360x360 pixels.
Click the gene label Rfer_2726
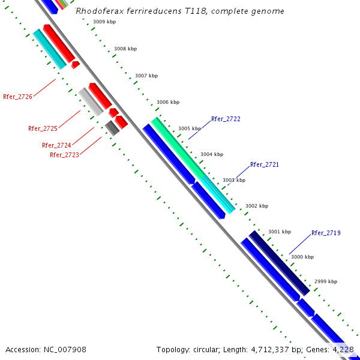pos(17,97)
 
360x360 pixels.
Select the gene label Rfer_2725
pos(43,128)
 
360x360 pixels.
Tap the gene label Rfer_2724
pos(56,145)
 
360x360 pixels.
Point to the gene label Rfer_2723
pos(64,155)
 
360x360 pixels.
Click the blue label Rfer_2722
pos(226,119)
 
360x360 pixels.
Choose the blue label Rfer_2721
pos(265,164)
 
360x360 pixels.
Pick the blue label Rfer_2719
pos(326,233)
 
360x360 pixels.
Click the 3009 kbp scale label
pos(104,22)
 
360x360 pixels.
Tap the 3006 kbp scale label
pos(168,102)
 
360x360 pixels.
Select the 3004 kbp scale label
pos(212,154)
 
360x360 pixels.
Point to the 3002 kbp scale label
pos(256,206)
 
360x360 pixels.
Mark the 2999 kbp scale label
pos(326,281)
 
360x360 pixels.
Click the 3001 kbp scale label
pos(279,232)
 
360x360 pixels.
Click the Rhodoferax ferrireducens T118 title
pos(180,11)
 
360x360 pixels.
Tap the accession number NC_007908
pos(46,349)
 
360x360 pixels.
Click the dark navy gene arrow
pos(280,263)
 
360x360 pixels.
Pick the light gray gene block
pos(91,101)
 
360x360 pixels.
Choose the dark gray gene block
pos(112,127)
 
